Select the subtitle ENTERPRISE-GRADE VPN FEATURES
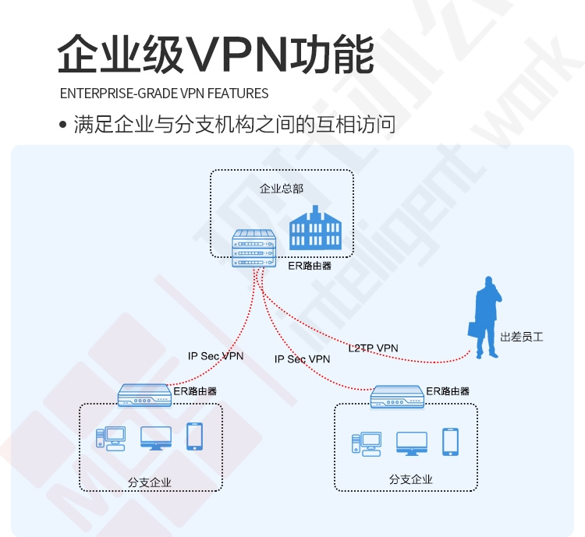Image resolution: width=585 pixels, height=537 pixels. point(164,94)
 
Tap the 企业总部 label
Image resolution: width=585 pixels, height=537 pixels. point(282,189)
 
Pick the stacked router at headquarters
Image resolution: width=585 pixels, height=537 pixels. point(254,249)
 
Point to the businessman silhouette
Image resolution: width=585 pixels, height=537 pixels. point(485,317)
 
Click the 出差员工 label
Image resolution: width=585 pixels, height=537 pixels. point(522,337)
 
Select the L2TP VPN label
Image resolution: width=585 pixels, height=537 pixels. point(373,348)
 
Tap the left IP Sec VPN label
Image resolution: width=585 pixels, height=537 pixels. point(215,356)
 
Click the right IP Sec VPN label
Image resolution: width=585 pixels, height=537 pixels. point(302,359)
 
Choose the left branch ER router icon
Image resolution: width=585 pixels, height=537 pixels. point(144,396)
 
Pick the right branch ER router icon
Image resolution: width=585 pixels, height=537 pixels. point(397,397)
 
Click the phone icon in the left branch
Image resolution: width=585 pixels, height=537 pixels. point(195,436)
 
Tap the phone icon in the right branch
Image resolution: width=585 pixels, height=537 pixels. point(450,442)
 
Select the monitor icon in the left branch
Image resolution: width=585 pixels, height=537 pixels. point(156,438)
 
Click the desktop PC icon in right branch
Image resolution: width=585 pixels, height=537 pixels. point(367,444)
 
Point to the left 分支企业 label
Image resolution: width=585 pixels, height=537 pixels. point(150,482)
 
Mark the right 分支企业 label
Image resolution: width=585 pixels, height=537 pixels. point(411,479)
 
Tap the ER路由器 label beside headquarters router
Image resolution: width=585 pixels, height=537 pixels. point(310,266)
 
